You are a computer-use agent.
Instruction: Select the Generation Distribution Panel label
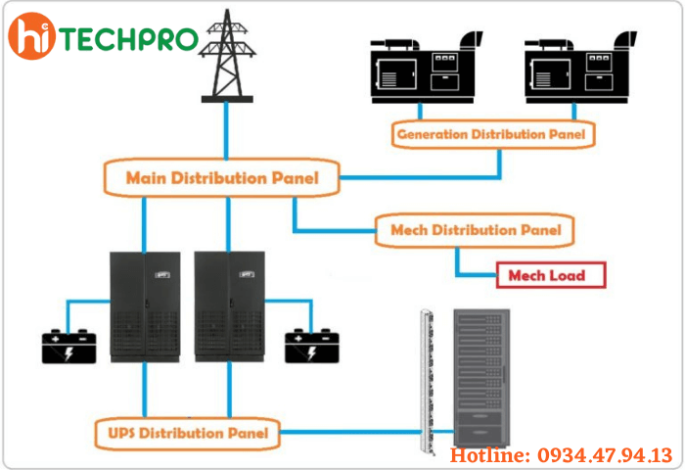[x=493, y=133]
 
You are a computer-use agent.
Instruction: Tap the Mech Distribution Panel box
[x=476, y=230]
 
